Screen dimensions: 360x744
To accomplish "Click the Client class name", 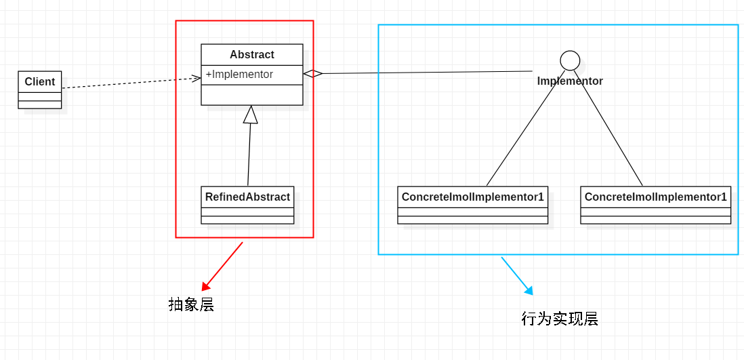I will [39, 82].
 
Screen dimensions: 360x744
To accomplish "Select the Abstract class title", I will [252, 55].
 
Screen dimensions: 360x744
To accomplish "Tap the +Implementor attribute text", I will [239, 75].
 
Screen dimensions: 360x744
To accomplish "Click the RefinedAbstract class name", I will [247, 197].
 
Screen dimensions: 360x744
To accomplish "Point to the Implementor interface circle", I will [570, 60].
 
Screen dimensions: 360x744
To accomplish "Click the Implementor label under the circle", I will [570, 81].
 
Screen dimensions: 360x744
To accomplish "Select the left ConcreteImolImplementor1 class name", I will [472, 197].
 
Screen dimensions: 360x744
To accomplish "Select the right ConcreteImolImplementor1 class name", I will [655, 197].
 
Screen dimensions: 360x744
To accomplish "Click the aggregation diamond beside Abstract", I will [312, 74].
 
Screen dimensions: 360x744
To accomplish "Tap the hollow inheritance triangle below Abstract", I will [251, 115].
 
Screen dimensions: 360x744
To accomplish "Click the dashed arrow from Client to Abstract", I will [129, 83].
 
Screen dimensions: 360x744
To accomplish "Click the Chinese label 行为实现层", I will [560, 319].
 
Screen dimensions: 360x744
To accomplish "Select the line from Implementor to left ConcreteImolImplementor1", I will [525, 129].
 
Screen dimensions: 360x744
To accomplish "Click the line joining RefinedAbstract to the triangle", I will [249, 156].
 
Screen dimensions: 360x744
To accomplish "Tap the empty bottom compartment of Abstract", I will [252, 95].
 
